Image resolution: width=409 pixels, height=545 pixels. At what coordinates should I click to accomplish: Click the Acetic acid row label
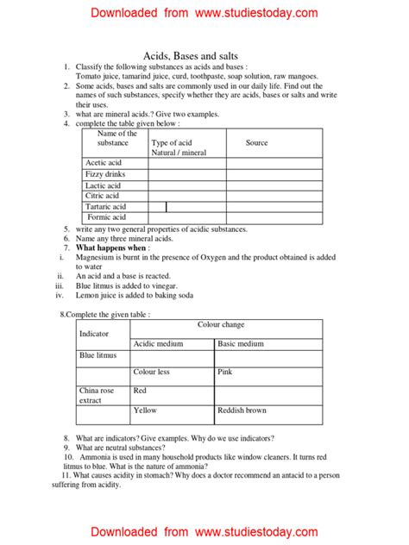pos(103,162)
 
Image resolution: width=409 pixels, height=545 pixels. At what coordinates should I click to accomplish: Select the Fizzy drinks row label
pos(104,174)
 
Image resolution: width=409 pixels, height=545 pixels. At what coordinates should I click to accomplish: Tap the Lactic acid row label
pos(103,185)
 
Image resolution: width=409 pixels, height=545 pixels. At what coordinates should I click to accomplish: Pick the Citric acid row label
pos(102,196)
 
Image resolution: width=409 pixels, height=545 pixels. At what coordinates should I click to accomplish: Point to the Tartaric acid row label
pos(105,207)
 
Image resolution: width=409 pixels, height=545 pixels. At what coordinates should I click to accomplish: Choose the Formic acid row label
pos(105,217)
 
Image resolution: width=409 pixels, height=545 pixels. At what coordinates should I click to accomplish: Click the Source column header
pos(256,143)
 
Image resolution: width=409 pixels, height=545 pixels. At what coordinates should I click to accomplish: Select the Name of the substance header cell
pos(116,138)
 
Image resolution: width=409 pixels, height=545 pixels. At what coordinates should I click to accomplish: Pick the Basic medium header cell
pos(241,344)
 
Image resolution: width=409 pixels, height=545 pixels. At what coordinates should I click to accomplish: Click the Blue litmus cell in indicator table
pos(98,354)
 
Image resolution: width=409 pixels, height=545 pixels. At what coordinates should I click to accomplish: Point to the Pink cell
pos(225,372)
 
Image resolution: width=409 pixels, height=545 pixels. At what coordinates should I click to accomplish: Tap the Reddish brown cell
pos(242,410)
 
